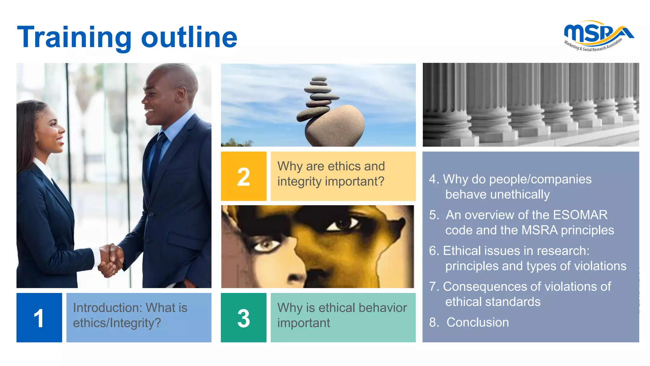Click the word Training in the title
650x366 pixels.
[74, 37]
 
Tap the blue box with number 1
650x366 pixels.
[39, 317]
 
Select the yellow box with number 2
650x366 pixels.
[243, 176]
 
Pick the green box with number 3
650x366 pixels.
[243, 317]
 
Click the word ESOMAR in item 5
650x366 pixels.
[580, 215]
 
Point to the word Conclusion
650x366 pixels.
[477, 322]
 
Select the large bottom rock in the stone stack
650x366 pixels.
[335, 125]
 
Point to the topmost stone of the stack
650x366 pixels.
[319, 78]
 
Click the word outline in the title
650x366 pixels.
[189, 37]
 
